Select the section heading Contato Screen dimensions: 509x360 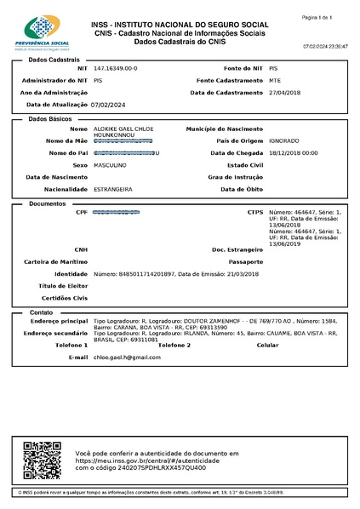[43, 312]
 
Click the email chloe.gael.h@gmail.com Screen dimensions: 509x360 [127, 357]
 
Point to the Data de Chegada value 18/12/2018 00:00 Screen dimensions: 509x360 [293, 152]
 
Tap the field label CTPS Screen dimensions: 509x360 [255, 211]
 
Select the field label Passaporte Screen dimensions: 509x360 [246, 261]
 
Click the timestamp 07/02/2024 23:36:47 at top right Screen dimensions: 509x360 [324, 46]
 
